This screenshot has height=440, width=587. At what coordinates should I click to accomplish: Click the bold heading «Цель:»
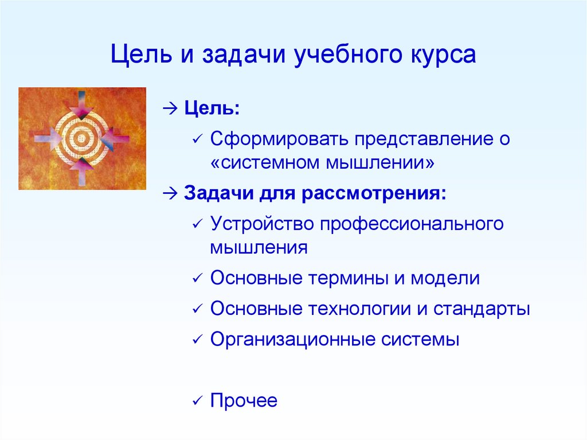click(212, 108)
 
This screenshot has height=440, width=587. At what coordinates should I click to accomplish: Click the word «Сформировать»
click(279, 139)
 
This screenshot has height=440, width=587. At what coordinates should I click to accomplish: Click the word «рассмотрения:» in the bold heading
click(374, 194)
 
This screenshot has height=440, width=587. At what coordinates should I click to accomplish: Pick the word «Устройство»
click(261, 224)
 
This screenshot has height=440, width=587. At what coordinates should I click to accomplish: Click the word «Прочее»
click(244, 400)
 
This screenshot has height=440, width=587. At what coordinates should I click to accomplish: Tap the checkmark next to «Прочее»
click(197, 401)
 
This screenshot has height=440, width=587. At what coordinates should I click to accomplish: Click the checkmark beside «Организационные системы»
click(197, 340)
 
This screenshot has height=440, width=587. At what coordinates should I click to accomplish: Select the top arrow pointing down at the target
click(81, 104)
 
